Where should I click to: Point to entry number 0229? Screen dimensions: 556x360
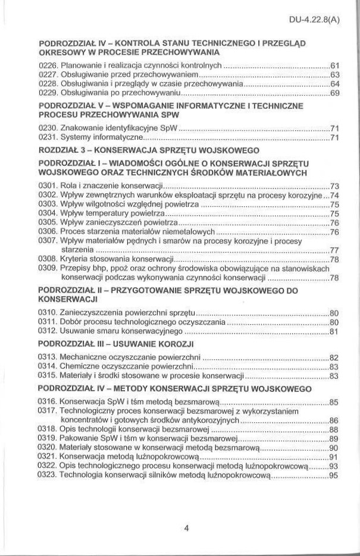(47, 93)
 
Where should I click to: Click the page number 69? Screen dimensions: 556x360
(334, 93)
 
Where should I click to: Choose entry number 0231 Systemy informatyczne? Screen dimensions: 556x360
(47, 137)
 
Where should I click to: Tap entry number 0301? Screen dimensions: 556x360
(47, 186)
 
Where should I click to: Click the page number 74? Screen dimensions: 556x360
(334, 195)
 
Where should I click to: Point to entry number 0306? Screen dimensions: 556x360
(47, 231)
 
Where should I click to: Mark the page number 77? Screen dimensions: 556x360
(334, 250)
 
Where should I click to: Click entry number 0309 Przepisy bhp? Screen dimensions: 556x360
(47, 268)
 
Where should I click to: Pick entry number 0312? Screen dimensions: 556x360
(47, 331)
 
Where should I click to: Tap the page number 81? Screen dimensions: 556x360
(334, 332)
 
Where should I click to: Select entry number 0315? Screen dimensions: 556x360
(47, 375)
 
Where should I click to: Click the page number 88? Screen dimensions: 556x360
(334, 429)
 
